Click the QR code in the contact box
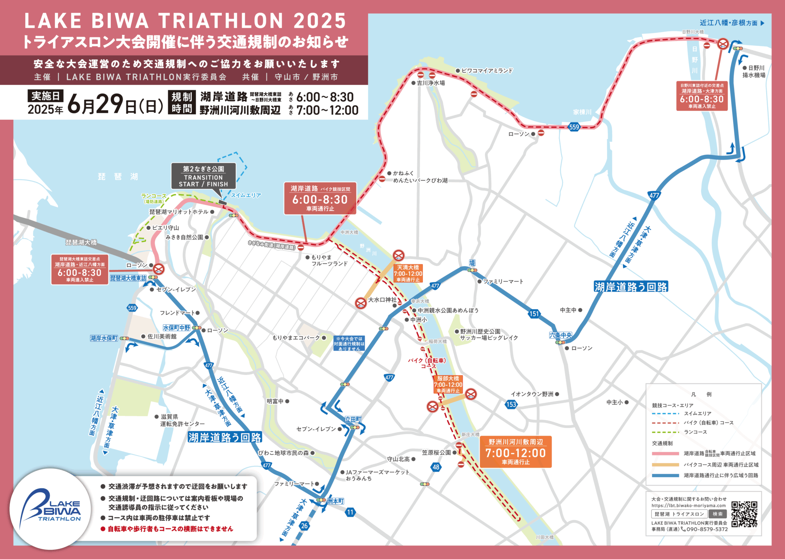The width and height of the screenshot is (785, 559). click(x=744, y=514)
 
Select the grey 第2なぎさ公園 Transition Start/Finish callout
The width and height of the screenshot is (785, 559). click(x=204, y=176)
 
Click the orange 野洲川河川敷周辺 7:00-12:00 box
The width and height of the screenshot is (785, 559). click(x=516, y=452)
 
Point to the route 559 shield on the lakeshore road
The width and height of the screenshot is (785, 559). click(x=574, y=127)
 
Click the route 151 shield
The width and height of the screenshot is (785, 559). click(x=534, y=314)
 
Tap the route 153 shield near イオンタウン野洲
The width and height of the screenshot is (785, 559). click(x=511, y=404)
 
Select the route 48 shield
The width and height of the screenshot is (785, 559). click(x=436, y=467)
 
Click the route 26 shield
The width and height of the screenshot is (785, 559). click(x=304, y=526)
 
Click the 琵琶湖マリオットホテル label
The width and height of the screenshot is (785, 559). click(x=179, y=212)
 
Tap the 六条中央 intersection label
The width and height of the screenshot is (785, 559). click(x=560, y=335)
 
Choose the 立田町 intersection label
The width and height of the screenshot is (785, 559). click(x=353, y=419)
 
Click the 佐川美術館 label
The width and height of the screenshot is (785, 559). click(x=162, y=336)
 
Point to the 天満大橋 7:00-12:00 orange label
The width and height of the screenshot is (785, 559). click(x=408, y=273)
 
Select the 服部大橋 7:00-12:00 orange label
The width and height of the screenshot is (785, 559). click(x=448, y=384)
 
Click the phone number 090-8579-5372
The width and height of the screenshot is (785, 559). click(x=707, y=529)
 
